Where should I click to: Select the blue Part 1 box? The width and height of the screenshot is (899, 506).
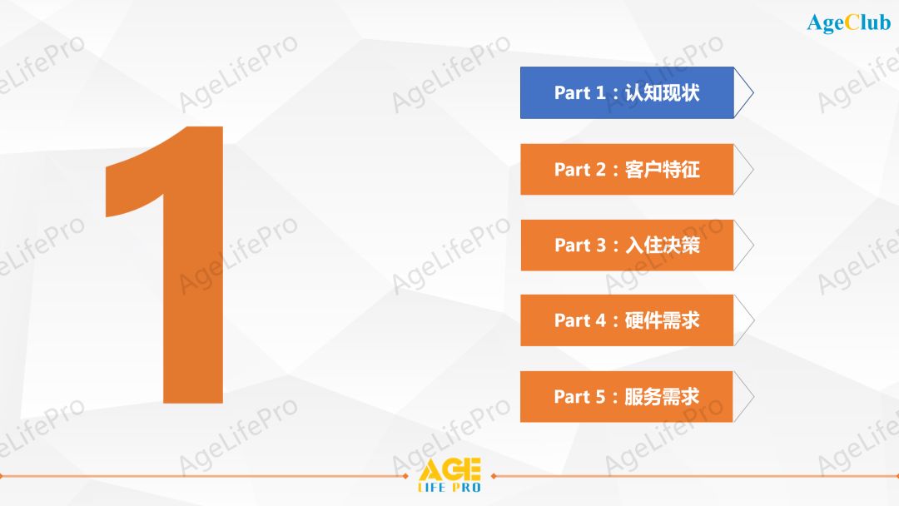627,92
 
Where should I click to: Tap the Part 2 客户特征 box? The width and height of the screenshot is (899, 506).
627,169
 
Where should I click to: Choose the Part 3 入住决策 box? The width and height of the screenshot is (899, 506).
627,245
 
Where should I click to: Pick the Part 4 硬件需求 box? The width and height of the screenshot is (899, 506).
627,320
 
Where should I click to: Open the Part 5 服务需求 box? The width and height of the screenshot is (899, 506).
627,396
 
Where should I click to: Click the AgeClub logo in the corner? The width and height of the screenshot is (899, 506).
848,22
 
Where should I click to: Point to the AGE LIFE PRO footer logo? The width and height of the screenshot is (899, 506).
449,475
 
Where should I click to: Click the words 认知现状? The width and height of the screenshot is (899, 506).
662,92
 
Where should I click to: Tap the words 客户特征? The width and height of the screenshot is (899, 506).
662,170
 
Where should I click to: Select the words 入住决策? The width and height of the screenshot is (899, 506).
662,246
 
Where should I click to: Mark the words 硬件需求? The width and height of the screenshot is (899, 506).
662,320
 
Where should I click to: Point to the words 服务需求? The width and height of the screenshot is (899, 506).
662,397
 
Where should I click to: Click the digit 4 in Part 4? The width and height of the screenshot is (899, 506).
601,320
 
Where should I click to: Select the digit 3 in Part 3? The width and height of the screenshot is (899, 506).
601,246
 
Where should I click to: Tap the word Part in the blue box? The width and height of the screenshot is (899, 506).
573,92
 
